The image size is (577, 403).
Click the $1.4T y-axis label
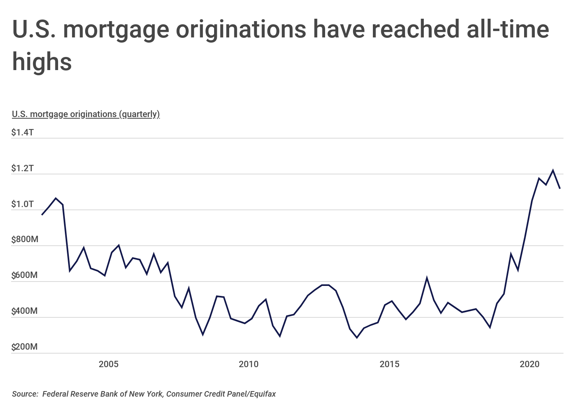[x=22, y=132]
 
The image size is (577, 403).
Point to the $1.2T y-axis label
[x=22, y=168]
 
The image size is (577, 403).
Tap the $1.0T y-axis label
[x=22, y=204]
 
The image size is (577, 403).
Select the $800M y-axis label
[x=25, y=239]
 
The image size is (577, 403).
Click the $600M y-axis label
[x=25, y=275]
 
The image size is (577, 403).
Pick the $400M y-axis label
[x=25, y=311]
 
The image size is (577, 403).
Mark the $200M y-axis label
[x=25, y=346]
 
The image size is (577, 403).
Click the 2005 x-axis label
[x=109, y=364]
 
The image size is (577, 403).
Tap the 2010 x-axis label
[x=249, y=364]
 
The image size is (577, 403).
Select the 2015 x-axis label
[x=390, y=364]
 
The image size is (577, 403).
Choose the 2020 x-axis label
[x=530, y=364]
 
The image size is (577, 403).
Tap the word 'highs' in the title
[x=42, y=62]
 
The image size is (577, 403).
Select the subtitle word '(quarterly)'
[x=139, y=114]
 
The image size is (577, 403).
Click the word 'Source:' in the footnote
[x=25, y=394]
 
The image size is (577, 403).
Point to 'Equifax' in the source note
[x=263, y=394]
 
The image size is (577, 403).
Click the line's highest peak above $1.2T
[x=553, y=170]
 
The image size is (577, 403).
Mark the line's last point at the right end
[x=560, y=188]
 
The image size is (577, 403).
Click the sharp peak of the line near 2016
[x=427, y=278]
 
